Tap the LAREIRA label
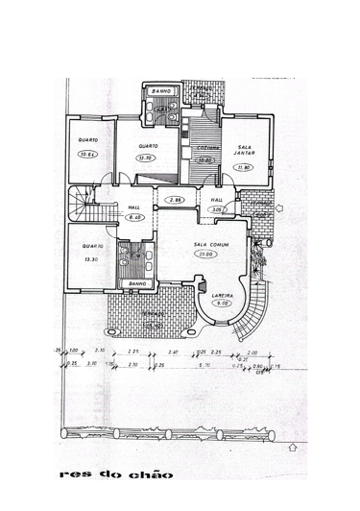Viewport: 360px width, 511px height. pyautogui.click(x=224, y=295)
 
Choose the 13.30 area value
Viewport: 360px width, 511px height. pyautogui.click(x=91, y=259)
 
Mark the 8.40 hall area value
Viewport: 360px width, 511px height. pyautogui.click(x=134, y=218)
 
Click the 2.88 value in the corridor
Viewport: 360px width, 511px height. pyautogui.click(x=175, y=200)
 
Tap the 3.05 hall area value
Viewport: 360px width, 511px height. pyautogui.click(x=217, y=208)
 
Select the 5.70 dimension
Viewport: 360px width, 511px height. pyautogui.click(x=204, y=365)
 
